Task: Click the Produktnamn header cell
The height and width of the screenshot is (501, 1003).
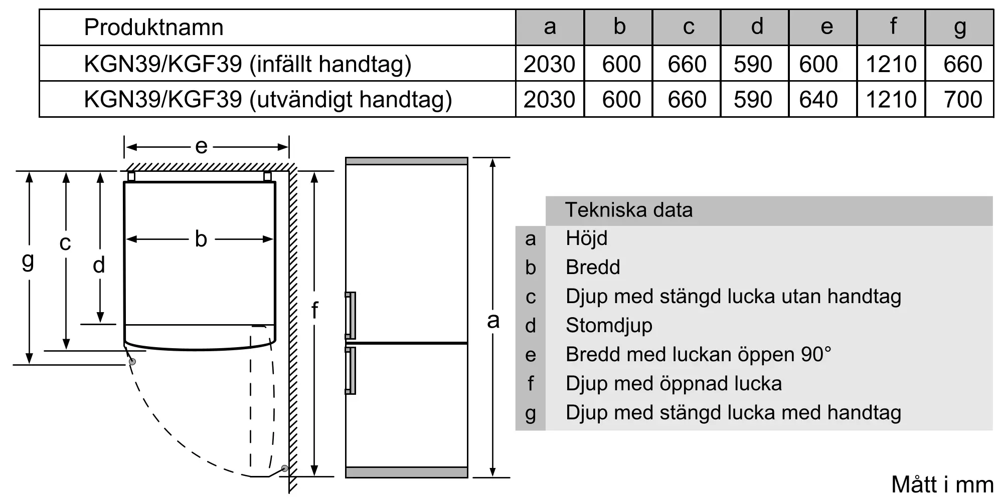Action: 153,27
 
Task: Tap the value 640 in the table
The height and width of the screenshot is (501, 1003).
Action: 818,99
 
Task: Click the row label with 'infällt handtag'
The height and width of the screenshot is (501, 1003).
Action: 248,64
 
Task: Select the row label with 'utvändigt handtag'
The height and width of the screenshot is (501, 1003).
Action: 268,99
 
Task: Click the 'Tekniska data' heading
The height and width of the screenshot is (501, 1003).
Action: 629,210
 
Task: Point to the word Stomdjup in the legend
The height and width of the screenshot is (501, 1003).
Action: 609,326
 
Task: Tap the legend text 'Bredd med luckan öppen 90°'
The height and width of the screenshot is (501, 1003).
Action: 698,355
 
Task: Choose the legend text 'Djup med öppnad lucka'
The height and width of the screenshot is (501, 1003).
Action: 674,384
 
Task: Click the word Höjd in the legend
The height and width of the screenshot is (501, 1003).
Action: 586,238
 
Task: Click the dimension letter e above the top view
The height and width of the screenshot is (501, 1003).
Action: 201,146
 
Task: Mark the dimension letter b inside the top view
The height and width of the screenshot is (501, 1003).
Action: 201,239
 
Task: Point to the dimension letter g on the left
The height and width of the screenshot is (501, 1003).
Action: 28,261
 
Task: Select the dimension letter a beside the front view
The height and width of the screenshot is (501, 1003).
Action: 493,321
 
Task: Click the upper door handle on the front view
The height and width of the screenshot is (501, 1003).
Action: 351,315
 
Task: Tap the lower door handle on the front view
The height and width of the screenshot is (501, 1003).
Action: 351,370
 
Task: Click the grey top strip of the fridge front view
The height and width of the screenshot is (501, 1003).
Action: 406,161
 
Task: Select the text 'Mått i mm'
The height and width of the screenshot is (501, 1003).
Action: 942,484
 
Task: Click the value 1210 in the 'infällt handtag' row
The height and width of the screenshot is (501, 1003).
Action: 891,64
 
